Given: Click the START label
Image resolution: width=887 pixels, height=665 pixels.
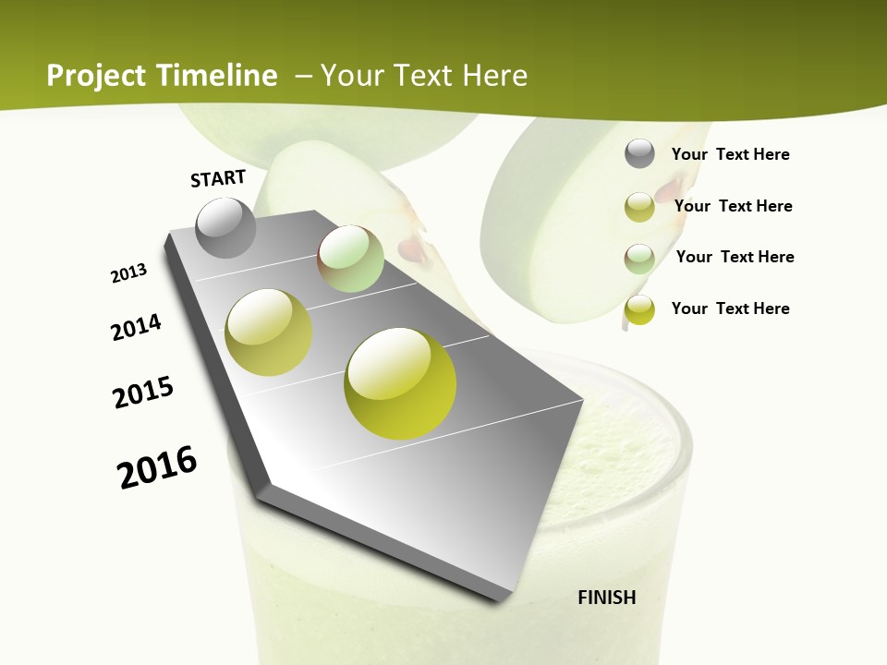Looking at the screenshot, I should (x=218, y=178).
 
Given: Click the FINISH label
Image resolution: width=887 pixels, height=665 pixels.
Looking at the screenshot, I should (x=606, y=598).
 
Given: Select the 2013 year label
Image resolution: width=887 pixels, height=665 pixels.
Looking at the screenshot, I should (x=128, y=273).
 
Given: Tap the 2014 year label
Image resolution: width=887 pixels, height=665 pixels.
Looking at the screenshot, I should (x=136, y=327).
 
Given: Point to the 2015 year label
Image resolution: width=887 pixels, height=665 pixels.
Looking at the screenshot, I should (x=143, y=393).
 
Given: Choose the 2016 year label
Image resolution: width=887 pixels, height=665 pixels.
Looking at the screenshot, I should (x=157, y=467).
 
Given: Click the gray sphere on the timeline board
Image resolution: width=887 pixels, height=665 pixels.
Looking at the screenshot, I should (x=226, y=228).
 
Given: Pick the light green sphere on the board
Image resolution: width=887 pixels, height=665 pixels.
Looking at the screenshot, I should (x=350, y=259).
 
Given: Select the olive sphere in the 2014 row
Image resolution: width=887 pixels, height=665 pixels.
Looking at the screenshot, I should (x=269, y=332).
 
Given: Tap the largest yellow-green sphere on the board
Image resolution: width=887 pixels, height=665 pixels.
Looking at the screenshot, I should (x=400, y=383).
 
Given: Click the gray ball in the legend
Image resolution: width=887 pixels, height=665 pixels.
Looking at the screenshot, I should (x=639, y=154).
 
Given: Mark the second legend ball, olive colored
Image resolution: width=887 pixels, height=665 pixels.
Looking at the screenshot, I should (x=639, y=207).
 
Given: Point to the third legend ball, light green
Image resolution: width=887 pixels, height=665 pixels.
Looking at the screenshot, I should (x=639, y=259).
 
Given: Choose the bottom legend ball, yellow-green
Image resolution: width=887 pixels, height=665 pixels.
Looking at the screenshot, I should (x=639, y=309).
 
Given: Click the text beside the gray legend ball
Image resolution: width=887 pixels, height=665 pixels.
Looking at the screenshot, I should (x=730, y=154).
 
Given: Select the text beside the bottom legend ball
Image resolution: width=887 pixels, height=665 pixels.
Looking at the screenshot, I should (x=730, y=308).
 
